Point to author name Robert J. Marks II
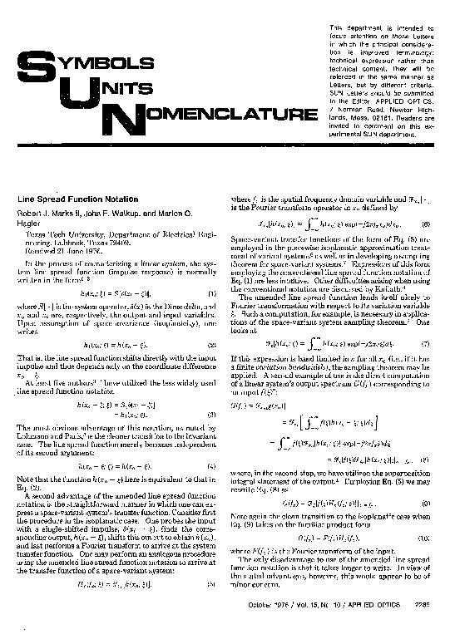click(49, 212)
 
